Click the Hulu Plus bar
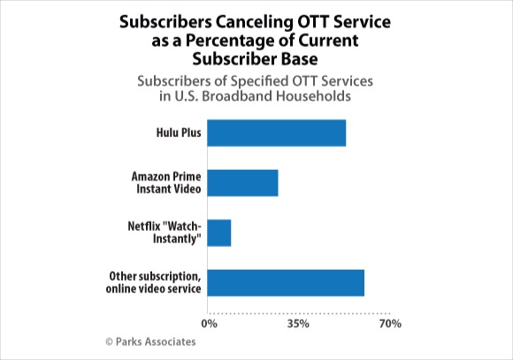(277, 133)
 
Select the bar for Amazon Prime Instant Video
(242, 183)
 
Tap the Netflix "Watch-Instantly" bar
(218, 233)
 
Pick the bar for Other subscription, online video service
(286, 283)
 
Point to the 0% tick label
(209, 324)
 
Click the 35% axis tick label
(298, 324)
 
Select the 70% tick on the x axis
(390, 324)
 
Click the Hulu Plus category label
(179, 133)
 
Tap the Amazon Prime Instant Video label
(166, 182)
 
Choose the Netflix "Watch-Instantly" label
(165, 233)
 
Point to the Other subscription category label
(153, 282)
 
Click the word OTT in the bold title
(312, 22)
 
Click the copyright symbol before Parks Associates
(110, 342)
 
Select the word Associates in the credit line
(170, 341)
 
